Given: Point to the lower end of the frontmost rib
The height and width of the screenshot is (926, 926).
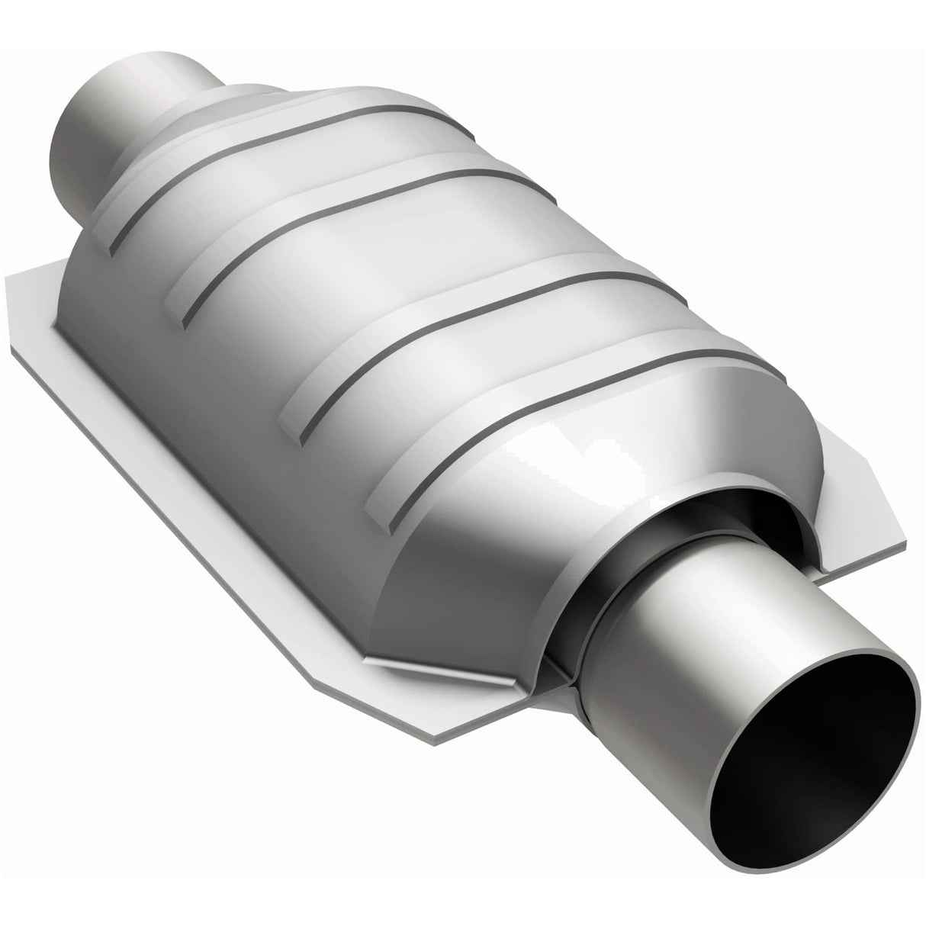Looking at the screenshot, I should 389,519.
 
